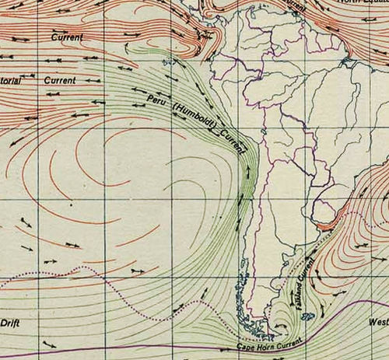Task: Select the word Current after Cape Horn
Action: [x=289, y=339]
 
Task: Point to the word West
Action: [x=377, y=320]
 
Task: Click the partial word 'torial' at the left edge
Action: [x=15, y=79]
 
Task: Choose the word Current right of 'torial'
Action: [x=60, y=79]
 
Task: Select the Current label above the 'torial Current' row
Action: [x=67, y=37]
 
